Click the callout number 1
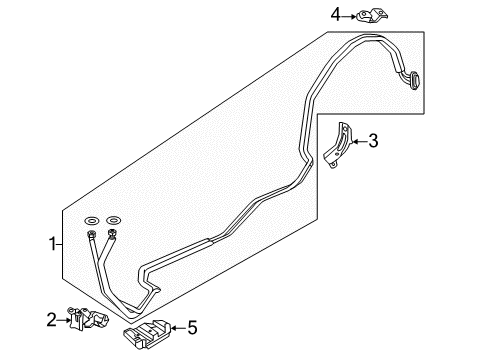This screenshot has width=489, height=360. pos(52,244)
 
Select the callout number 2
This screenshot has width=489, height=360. pos(51,320)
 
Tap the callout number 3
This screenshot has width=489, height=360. pos(373,141)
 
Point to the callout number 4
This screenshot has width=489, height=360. pos(336,15)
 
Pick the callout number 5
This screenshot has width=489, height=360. pos(193,328)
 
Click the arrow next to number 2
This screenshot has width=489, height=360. pos(64,320)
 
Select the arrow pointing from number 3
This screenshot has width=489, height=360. pos(360,142)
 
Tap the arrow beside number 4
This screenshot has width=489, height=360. pos(349,16)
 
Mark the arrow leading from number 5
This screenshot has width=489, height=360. pos(178,328)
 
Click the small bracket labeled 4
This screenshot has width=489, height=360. pos(372,16)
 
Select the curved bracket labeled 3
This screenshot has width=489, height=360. pos(337,146)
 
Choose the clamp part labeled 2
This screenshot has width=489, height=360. pos(88,318)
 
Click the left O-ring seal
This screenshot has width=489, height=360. pos(92,220)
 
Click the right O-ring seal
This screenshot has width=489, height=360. pos(113,220)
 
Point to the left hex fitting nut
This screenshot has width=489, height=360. pos(91,234)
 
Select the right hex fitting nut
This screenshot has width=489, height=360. pos(112,234)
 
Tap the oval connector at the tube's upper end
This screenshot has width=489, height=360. pos(414,80)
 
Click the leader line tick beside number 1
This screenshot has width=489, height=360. pos(59,245)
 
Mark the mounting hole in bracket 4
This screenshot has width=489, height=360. pos(364,14)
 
